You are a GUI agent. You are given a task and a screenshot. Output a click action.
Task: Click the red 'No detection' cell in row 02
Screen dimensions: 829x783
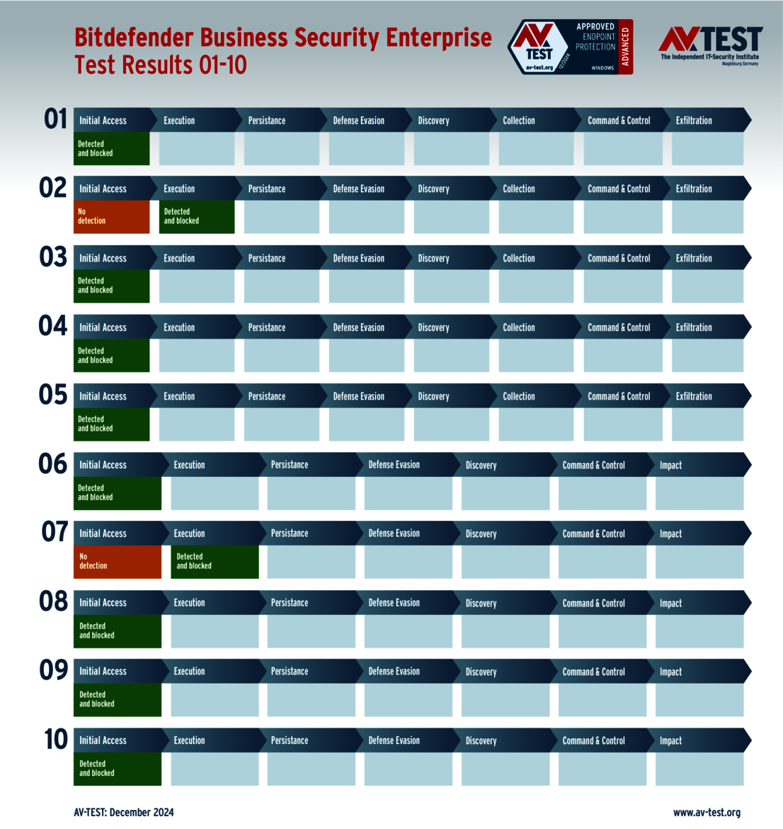tap(111, 217)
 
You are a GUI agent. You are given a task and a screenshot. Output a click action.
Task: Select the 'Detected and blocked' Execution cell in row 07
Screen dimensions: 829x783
tap(215, 562)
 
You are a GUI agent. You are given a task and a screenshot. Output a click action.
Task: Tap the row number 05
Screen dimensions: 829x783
tap(53, 395)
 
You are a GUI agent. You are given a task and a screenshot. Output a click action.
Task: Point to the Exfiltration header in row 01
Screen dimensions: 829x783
tap(694, 120)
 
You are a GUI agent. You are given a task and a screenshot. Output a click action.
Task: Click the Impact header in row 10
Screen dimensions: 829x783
tap(670, 740)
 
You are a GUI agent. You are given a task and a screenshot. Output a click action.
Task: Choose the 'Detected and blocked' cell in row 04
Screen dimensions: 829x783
tap(111, 356)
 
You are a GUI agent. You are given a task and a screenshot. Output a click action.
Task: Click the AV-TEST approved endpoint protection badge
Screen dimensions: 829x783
tap(571, 47)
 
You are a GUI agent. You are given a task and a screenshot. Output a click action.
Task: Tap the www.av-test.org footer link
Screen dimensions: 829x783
tap(707, 813)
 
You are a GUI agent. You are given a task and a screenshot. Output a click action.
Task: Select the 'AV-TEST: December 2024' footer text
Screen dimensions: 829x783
tap(124, 813)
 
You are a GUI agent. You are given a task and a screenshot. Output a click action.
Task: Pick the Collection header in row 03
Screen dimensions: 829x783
tap(519, 259)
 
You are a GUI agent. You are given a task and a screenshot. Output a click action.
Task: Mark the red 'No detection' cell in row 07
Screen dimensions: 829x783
tap(117, 562)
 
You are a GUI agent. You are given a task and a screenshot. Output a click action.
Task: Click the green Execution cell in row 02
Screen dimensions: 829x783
tap(197, 217)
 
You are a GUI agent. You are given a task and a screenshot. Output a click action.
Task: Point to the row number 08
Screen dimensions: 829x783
tap(54, 602)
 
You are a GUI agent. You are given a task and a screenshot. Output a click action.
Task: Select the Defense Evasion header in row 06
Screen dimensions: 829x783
tap(394, 465)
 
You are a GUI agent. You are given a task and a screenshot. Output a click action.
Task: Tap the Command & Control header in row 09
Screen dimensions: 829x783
tap(593, 672)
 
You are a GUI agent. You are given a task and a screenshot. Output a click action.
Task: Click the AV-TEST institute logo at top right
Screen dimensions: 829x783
tap(710, 45)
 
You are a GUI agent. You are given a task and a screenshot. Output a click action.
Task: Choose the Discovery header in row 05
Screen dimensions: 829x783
tap(433, 397)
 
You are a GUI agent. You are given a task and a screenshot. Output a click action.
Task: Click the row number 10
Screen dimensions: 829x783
tap(56, 740)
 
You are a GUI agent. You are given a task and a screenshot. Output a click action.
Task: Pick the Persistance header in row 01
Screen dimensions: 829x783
tap(267, 120)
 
